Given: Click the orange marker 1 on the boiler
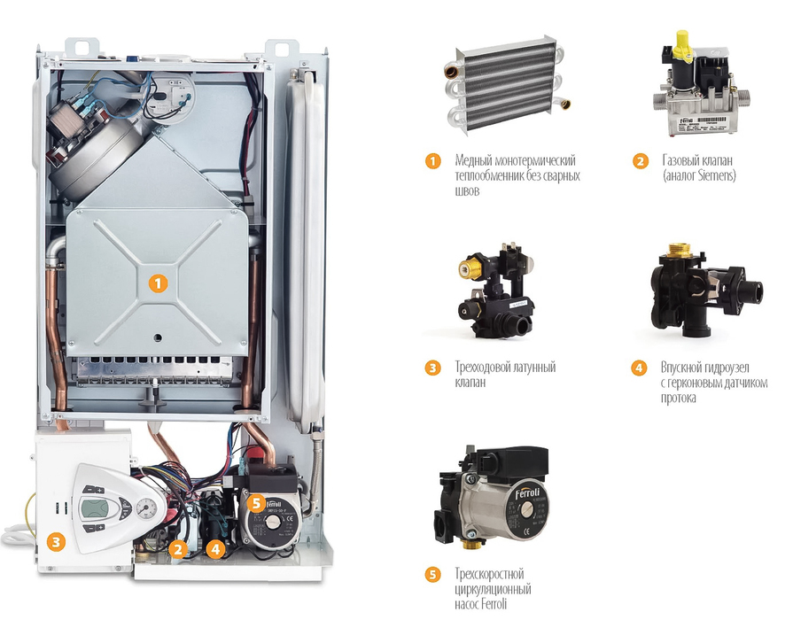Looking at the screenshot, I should point(158,284).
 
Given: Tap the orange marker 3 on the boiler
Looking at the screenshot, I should point(56,539).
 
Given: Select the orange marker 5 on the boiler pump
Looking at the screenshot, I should point(257,503).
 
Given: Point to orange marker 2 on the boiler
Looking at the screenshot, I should point(178,549).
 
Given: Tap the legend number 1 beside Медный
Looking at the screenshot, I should point(432,161).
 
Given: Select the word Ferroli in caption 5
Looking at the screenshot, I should point(510,605).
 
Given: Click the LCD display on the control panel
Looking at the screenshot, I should point(93,508).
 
